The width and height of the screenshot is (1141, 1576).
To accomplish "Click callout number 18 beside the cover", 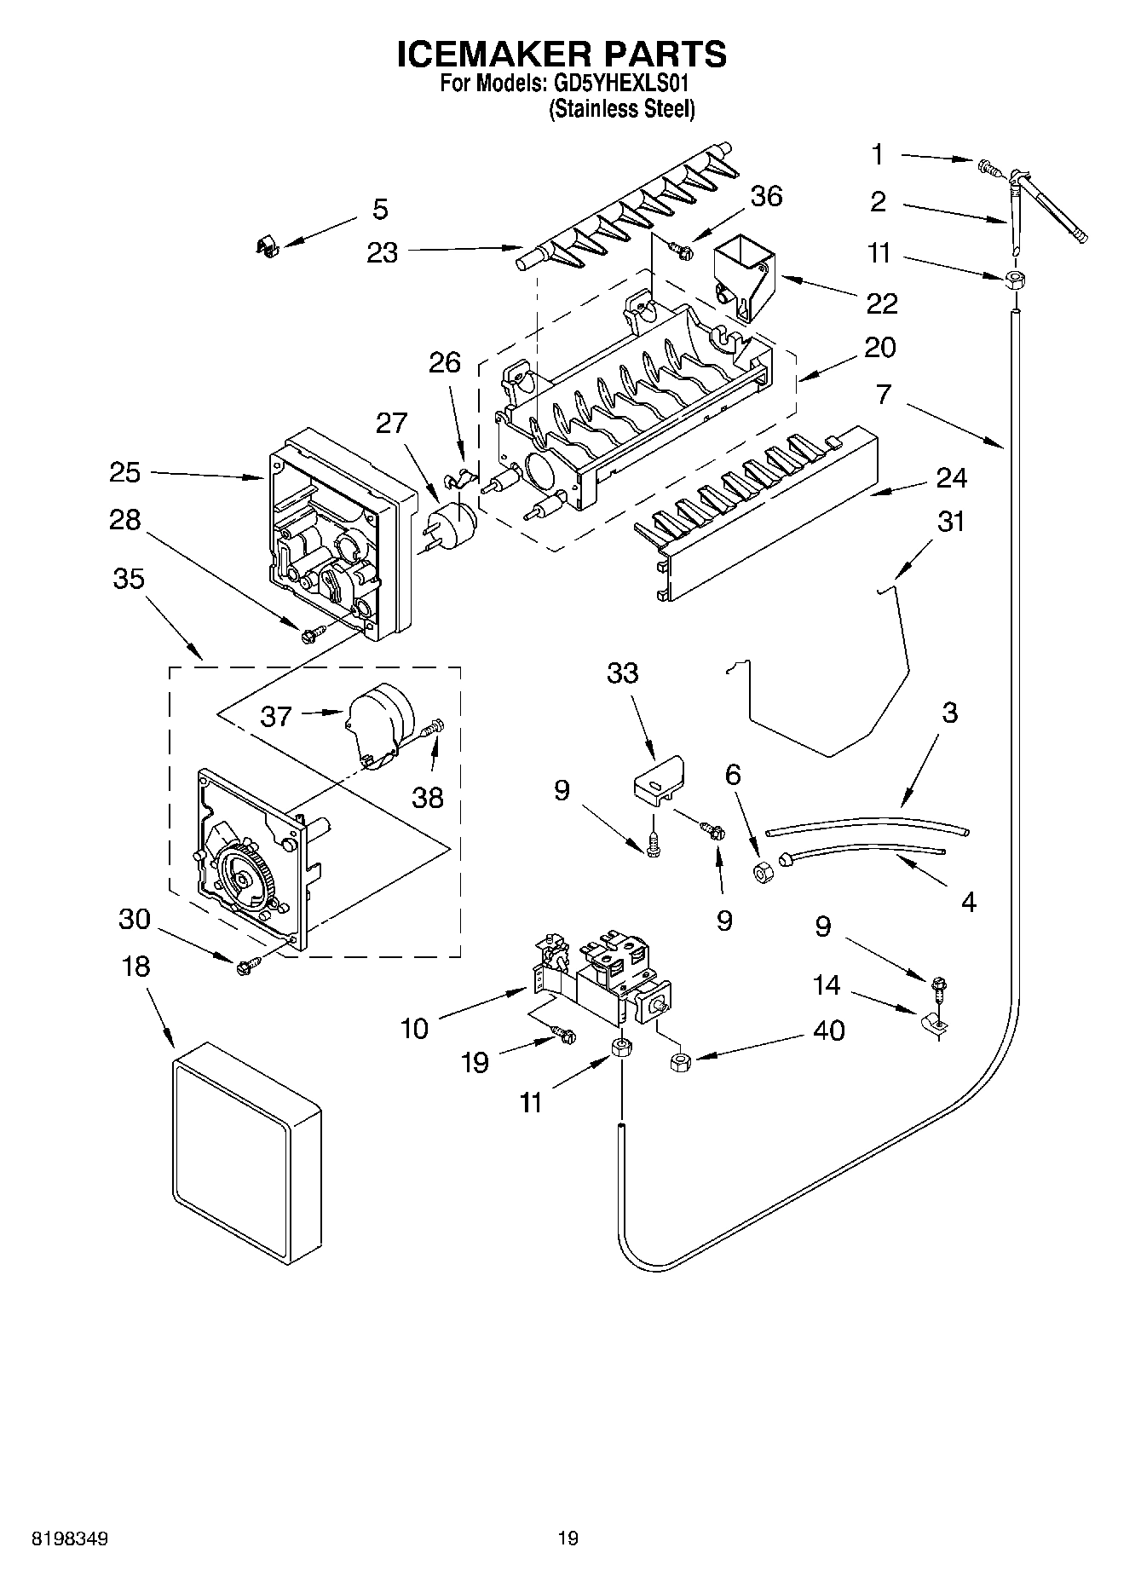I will [x=135, y=967].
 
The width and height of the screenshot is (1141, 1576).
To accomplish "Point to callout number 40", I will [x=828, y=1030].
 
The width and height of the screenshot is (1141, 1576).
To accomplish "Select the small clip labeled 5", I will [x=268, y=246].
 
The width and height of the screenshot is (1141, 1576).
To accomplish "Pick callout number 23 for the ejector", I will [x=383, y=252].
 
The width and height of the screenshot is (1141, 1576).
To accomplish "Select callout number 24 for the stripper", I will [x=951, y=478].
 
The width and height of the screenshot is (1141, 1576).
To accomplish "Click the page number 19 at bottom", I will [x=568, y=1538].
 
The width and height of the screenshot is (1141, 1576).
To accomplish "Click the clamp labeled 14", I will [x=934, y=1025].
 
